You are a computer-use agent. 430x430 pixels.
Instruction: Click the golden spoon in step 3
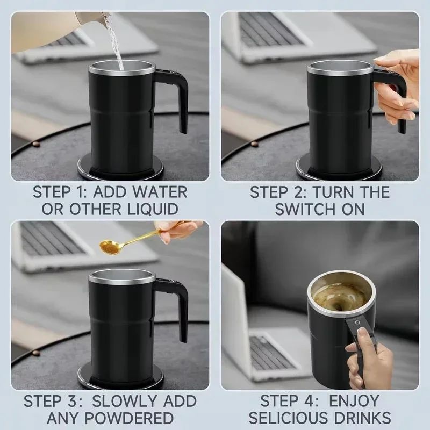click(x=113, y=246)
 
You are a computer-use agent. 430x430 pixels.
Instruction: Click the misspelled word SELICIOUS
click(x=294, y=418)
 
